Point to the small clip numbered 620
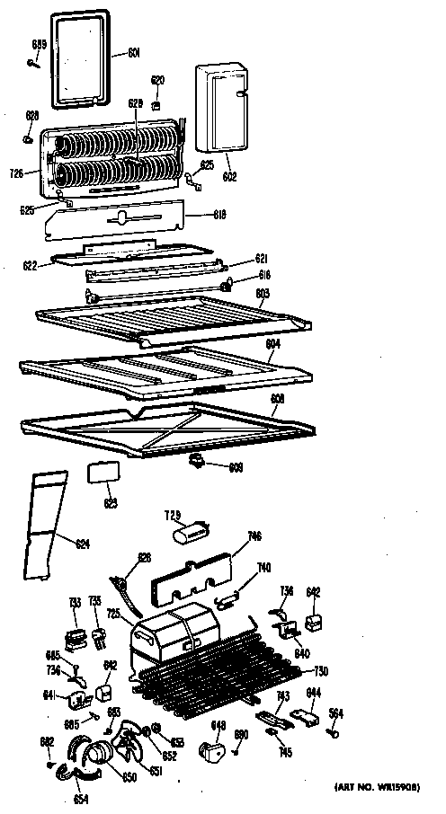(x=157, y=102)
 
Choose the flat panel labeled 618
(x=118, y=220)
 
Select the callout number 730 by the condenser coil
(x=321, y=671)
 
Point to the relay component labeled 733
(x=76, y=636)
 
